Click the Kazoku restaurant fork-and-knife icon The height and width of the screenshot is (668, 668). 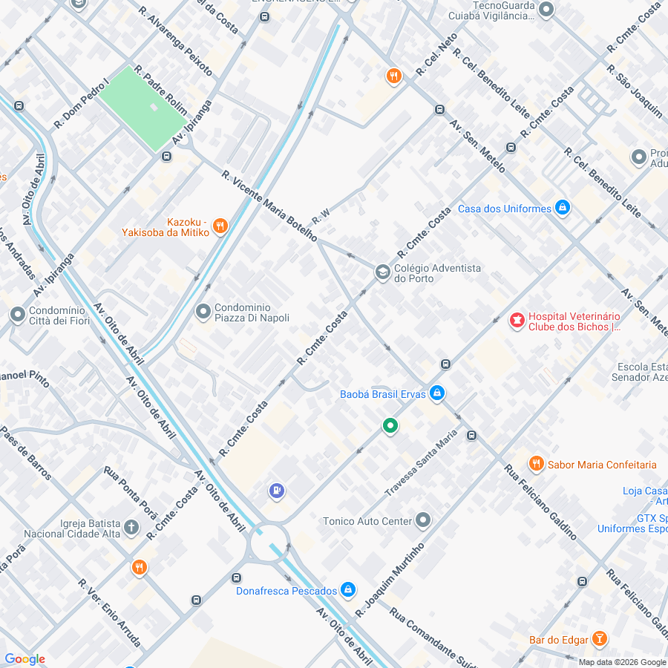click(x=220, y=226)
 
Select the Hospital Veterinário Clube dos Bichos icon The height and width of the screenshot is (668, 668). click(x=516, y=321)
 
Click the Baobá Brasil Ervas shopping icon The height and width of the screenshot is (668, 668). click(x=437, y=393)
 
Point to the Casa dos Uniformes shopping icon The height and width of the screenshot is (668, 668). click(x=563, y=209)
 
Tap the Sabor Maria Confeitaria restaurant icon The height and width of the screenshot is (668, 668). click(x=537, y=465)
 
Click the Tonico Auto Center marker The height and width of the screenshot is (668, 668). click(x=423, y=521)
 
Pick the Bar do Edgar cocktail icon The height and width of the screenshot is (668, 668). click(x=600, y=639)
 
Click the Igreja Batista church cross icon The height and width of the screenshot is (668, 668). click(x=131, y=528)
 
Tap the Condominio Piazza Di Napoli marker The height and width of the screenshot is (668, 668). click(x=203, y=312)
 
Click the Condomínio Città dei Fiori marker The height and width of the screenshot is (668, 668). click(x=18, y=315)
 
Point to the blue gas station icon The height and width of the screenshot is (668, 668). click(x=277, y=491)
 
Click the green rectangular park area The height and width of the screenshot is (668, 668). click(x=143, y=108)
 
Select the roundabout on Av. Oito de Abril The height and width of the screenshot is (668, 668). click(x=269, y=544)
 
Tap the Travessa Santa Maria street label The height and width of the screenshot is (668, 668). click(x=421, y=464)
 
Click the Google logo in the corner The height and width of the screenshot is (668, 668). click(x=24, y=659)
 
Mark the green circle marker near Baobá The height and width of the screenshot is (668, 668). click(x=390, y=426)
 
